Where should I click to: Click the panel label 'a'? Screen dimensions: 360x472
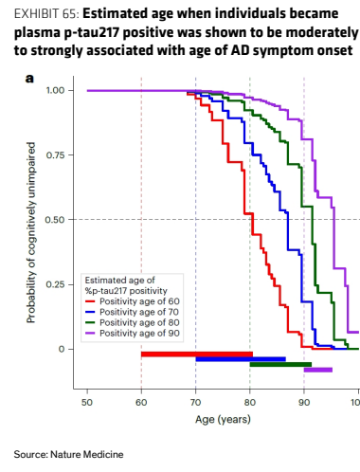pyautogui.click(x=29, y=79)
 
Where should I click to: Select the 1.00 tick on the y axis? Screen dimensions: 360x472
pyautogui.click(x=55, y=90)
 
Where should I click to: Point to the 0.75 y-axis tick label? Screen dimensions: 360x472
pyautogui.click(x=55, y=155)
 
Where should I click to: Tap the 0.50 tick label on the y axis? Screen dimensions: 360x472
pyautogui.click(x=55, y=220)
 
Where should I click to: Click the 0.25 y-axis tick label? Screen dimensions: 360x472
pyautogui.click(x=55, y=284)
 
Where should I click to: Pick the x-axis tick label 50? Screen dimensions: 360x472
pyautogui.click(x=87, y=403)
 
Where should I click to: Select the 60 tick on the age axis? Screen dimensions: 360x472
pyautogui.click(x=141, y=403)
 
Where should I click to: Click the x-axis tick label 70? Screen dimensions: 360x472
pyautogui.click(x=196, y=403)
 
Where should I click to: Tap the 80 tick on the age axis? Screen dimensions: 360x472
pyautogui.click(x=250, y=403)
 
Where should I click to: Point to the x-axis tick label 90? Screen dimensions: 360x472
pyautogui.click(x=304, y=403)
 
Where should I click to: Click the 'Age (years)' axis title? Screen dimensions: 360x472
pyautogui.click(x=223, y=420)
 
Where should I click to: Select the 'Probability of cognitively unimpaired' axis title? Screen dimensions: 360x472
pyautogui.click(x=31, y=232)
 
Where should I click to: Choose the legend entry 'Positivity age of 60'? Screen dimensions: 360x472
pyautogui.click(x=133, y=301)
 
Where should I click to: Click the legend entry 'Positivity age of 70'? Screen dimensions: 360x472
pyautogui.click(x=133, y=312)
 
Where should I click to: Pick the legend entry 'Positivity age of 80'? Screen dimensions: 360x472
pyautogui.click(x=133, y=322)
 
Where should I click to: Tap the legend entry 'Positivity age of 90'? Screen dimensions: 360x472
pyautogui.click(x=133, y=334)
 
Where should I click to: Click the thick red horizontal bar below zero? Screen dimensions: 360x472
pyautogui.click(x=197, y=354)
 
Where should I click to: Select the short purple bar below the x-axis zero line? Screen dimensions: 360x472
pyautogui.click(x=318, y=370)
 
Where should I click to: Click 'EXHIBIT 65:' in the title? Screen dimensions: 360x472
pyautogui.click(x=46, y=14)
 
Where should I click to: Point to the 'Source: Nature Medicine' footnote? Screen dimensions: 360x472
pyautogui.click(x=68, y=455)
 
